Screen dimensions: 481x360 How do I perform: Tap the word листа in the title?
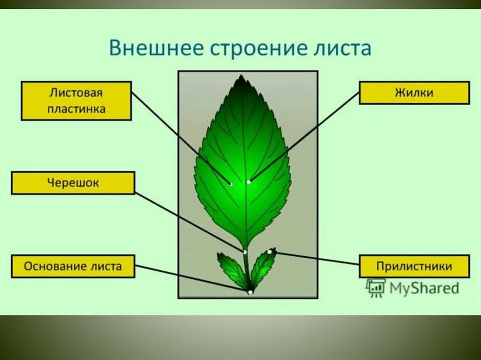tap(346, 48)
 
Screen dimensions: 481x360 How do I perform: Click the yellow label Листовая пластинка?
tap(76, 100)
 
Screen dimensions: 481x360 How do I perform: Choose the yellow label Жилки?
tap(414, 92)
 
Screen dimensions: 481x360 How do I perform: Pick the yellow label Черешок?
tap(73, 183)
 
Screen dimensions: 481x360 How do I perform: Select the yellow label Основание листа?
tap(73, 267)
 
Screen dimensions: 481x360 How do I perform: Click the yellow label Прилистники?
tap(414, 267)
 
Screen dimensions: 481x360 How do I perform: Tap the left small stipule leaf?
tap(231, 268)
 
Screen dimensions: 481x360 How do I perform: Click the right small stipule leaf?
tap(264, 266)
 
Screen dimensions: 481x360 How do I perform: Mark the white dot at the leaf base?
tap(250, 292)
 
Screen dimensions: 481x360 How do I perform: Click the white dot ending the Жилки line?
tap(248, 182)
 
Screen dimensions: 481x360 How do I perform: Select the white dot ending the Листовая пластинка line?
tap(231, 184)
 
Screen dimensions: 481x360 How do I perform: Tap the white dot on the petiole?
tap(245, 252)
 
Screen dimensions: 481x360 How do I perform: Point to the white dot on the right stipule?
tap(270, 252)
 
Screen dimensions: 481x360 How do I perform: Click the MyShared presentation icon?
tap(376, 288)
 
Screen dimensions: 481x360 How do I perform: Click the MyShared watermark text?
tap(424, 288)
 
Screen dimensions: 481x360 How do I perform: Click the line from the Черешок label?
tap(188, 221)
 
